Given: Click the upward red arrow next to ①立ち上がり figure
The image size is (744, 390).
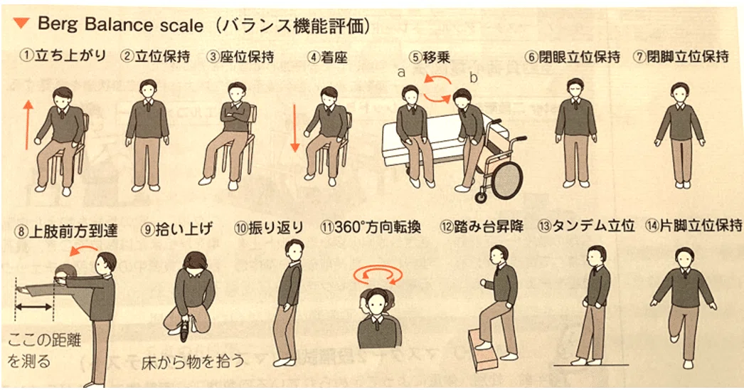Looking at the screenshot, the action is (x=28, y=125).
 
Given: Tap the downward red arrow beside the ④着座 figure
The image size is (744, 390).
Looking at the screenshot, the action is (x=294, y=128).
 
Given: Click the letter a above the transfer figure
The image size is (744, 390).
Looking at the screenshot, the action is (x=401, y=72).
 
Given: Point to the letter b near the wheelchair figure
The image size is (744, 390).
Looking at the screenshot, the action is (x=473, y=78).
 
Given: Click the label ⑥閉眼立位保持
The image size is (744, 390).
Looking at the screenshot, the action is (x=573, y=57).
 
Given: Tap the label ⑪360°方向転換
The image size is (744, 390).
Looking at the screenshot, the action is (x=371, y=228).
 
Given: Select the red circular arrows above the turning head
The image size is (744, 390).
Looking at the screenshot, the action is (x=378, y=275).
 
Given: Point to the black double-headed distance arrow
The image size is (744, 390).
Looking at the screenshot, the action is (x=33, y=307).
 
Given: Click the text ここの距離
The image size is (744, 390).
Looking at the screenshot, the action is (x=44, y=340).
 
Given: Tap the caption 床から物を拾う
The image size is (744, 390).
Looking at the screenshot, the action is (x=193, y=362).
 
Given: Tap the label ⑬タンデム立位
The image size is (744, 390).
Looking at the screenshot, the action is (x=587, y=226).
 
